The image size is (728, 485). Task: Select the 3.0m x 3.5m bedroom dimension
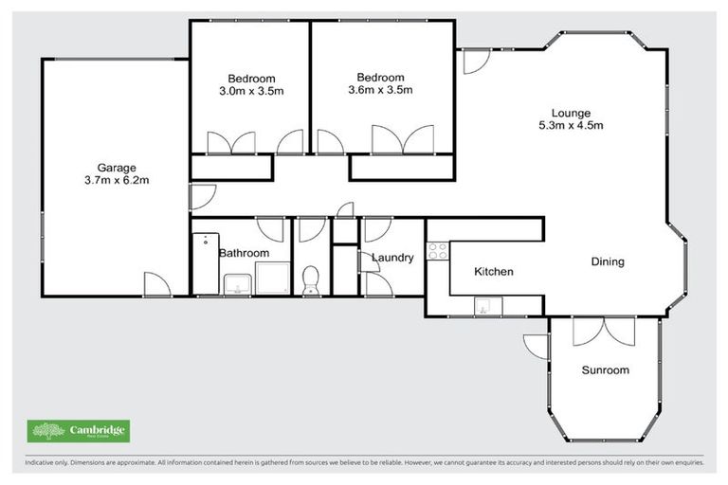coord(251,92)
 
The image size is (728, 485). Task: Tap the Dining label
coord(608,261)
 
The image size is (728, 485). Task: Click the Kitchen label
coord(493,272)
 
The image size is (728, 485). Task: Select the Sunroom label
coord(605,370)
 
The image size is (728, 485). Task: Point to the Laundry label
coord(391,258)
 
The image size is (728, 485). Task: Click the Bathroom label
coord(244,254)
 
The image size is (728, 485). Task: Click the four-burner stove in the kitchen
coord(438,251)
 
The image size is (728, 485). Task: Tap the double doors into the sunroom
coord(604,331)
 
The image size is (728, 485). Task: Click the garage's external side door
coord(156,283)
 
